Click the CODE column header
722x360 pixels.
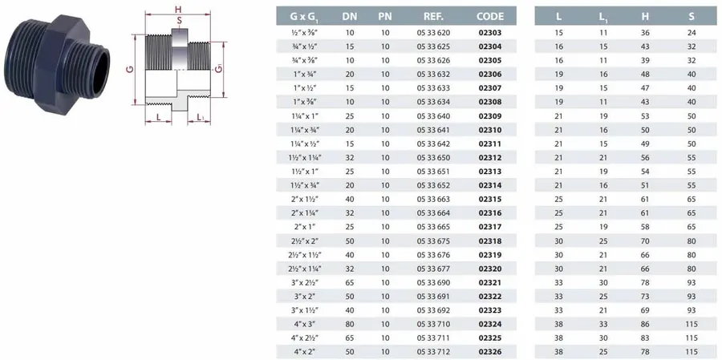tap(490, 17)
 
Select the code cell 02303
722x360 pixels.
tap(490, 33)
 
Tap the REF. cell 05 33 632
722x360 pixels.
tap(433, 74)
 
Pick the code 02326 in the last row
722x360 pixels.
tap(490, 352)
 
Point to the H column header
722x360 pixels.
tap(645, 17)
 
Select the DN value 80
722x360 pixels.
tap(350, 324)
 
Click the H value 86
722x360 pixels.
tap(645, 324)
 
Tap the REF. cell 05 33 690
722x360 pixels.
tap(433, 282)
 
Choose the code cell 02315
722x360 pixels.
tap(490, 199)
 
